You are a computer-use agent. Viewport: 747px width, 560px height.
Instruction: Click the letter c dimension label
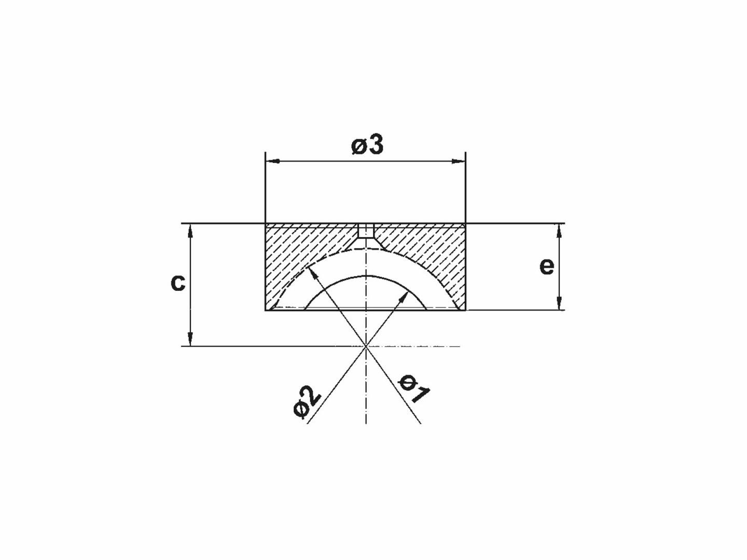(178, 283)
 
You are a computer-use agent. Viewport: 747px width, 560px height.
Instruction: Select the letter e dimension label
(547, 266)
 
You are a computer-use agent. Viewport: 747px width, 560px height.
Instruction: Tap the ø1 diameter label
(414, 388)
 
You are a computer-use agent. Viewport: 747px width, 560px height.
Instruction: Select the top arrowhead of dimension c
(190, 230)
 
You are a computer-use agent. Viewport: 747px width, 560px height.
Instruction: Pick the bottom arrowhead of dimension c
(190, 340)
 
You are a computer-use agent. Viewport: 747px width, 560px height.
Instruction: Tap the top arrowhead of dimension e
(559, 230)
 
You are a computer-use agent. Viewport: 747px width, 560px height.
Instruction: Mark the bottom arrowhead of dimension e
(559, 304)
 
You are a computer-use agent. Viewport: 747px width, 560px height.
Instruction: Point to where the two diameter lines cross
(366, 345)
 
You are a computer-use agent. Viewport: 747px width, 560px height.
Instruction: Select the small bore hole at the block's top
(366, 231)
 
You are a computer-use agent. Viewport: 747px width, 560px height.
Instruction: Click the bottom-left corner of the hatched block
(266, 310)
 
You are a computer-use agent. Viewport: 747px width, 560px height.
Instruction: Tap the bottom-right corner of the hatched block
(465, 310)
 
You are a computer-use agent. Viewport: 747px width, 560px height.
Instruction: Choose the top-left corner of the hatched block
(266, 224)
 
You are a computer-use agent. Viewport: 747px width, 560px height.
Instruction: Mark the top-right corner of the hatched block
(465, 224)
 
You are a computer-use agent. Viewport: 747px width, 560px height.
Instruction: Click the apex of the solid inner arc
(366, 275)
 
